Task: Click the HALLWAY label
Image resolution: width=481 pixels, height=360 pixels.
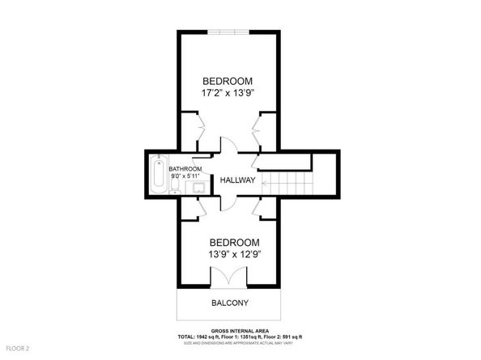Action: (x=237, y=180)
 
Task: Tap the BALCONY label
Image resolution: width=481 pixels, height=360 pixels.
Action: (x=230, y=303)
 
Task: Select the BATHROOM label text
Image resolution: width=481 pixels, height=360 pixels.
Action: (x=185, y=169)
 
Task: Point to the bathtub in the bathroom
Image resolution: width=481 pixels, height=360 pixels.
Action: (x=159, y=174)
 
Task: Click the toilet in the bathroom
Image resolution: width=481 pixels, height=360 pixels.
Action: (x=175, y=186)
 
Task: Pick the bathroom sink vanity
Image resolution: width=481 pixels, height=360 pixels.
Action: (x=198, y=187)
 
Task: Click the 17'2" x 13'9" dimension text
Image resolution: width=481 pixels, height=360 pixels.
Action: (x=228, y=93)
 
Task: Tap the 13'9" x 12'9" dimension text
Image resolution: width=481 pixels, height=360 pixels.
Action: (x=235, y=254)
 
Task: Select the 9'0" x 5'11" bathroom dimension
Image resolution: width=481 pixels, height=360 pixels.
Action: (x=185, y=176)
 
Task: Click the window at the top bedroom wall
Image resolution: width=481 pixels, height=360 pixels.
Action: (x=228, y=32)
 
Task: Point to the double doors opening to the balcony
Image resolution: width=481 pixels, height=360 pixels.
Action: (x=228, y=277)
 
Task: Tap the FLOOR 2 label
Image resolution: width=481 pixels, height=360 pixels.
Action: (x=18, y=349)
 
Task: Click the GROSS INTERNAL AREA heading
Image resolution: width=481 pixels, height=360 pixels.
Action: (x=240, y=331)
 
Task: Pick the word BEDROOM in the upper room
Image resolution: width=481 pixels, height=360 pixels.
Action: (x=228, y=81)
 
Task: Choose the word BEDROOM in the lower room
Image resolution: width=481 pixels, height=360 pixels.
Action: (x=235, y=243)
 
